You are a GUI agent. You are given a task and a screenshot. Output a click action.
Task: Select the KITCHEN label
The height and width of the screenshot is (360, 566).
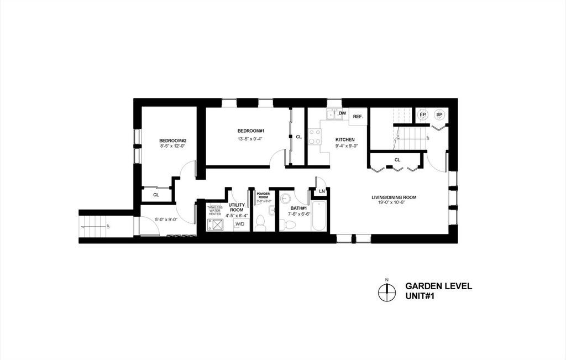[345, 139]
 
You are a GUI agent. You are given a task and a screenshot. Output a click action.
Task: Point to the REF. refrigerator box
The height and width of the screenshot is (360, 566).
[358, 117]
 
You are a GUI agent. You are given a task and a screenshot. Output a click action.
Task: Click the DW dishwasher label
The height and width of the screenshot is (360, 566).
[343, 113]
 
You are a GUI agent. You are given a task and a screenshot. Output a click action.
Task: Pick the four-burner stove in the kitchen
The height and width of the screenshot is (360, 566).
[315, 137]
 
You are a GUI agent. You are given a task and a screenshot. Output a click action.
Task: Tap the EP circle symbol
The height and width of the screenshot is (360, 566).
[423, 115]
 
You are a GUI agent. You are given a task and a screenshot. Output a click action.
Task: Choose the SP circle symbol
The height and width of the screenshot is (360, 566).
[440, 115]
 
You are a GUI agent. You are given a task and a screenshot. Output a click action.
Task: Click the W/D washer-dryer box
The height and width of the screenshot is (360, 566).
[240, 225]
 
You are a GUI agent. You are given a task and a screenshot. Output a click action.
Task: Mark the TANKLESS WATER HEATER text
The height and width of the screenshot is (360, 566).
[214, 211]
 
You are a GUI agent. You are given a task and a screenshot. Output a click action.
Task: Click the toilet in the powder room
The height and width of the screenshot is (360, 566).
[260, 223]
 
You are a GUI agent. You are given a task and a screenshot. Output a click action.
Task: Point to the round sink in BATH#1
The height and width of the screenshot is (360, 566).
[286, 200]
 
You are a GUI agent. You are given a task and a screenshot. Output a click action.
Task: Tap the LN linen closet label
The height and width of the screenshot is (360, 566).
[322, 192]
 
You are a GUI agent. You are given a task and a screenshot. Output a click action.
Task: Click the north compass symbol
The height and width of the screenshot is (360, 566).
[387, 291]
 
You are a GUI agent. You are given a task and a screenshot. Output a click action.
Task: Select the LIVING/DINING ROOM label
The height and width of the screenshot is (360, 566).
[394, 197]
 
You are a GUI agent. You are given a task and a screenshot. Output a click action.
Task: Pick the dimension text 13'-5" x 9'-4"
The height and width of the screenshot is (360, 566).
[246, 139]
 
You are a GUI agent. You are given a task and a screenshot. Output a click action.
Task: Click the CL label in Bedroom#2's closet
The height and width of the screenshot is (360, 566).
[156, 195]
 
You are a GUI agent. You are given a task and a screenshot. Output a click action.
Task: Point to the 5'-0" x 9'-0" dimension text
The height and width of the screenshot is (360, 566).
[166, 220]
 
